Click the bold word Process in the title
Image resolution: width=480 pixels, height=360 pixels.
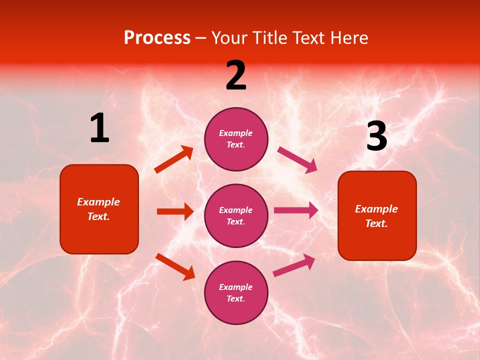157,38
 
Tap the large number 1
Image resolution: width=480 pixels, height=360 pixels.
99,128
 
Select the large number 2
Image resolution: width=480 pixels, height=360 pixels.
236,75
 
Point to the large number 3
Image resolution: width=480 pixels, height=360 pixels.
376,136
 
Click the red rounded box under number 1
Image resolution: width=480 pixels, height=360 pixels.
99,209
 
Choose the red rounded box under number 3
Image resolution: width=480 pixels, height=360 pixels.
377,215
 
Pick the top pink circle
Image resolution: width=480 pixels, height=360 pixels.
236,139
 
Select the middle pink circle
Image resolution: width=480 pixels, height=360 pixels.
236,215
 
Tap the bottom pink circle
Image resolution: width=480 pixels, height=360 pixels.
236,292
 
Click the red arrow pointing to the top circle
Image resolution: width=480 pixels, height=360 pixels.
174,159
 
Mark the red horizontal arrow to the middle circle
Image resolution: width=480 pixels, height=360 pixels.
175,211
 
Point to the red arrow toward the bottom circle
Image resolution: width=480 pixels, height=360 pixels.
175,266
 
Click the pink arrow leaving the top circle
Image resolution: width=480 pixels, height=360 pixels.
297,159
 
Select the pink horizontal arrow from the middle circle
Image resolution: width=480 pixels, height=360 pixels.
296,210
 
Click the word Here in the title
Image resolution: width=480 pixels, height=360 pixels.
349,38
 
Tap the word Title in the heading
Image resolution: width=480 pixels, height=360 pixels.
270,38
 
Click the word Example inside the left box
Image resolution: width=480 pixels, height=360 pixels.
98,202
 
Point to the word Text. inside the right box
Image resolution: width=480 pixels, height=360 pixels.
376,223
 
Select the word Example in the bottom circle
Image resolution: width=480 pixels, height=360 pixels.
236,287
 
